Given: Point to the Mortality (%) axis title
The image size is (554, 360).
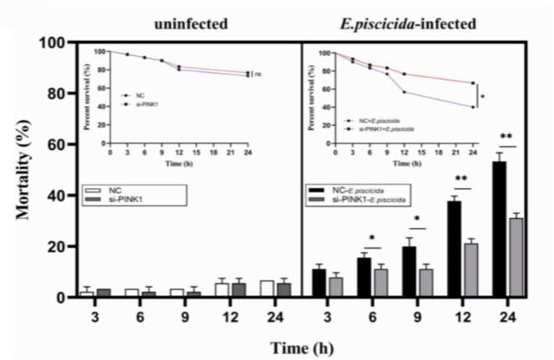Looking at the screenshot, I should click(25, 168).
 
